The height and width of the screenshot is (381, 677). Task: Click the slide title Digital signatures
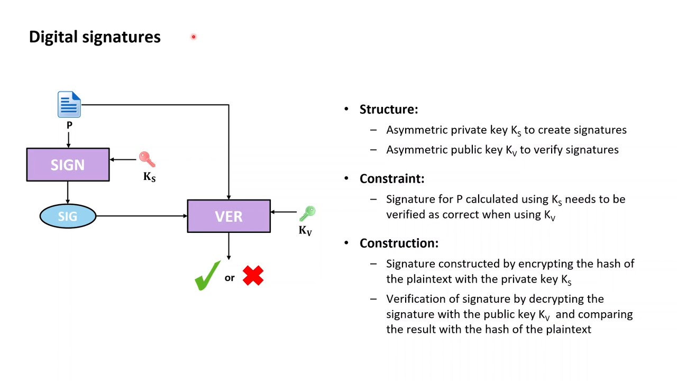click(x=95, y=37)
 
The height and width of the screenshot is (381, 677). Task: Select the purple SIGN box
click(x=68, y=165)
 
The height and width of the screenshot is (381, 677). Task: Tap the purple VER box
click(x=228, y=216)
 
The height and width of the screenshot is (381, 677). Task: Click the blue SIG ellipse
click(x=68, y=216)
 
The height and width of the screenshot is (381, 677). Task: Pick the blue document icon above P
click(x=69, y=104)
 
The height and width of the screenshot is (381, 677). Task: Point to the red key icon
click(x=147, y=159)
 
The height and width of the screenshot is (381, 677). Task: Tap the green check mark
click(x=207, y=275)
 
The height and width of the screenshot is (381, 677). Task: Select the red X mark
click(x=253, y=276)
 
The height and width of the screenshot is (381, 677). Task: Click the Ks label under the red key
click(x=149, y=177)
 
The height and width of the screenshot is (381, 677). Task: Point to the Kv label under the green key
click(x=305, y=230)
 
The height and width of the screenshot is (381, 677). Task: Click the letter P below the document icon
click(x=69, y=125)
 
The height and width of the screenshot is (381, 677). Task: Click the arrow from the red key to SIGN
click(x=124, y=159)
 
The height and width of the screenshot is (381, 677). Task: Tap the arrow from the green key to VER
click(x=284, y=212)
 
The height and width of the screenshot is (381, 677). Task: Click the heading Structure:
click(x=388, y=110)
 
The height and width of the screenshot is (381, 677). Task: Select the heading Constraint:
click(x=391, y=179)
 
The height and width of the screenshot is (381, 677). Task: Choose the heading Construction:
click(x=399, y=243)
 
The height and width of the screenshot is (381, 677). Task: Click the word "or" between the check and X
click(x=230, y=278)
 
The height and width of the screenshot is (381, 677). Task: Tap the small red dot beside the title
click(x=194, y=37)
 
